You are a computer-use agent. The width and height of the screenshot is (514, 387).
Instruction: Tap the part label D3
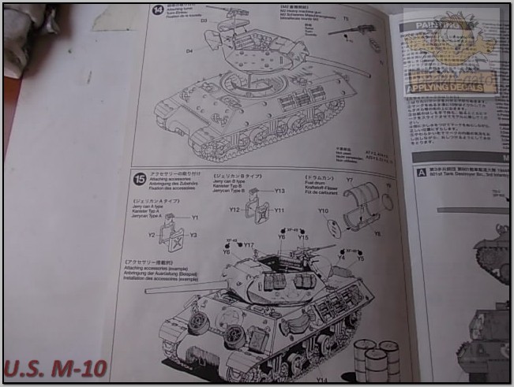(204, 21)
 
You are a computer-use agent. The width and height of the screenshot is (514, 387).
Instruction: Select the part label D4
(189, 50)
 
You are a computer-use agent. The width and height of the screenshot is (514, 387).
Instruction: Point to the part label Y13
(280, 191)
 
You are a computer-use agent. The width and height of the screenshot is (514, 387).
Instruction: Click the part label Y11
(279, 210)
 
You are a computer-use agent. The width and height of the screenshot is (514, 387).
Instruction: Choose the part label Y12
(234, 210)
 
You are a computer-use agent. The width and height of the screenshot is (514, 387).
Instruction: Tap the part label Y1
(194, 218)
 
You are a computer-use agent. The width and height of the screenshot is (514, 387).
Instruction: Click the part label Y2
(152, 234)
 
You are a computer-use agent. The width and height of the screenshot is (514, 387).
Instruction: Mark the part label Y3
(193, 235)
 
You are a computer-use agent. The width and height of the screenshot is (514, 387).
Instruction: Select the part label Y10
(323, 210)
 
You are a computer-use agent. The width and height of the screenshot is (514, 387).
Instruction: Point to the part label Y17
(249, 245)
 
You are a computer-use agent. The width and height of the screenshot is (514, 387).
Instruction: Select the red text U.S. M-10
(55, 368)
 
